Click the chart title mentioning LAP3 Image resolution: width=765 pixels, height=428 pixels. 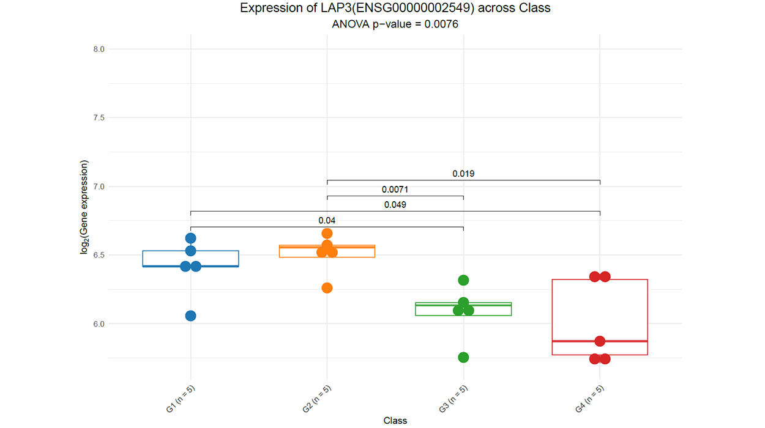(x=395, y=9)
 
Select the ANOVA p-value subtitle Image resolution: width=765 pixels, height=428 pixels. (x=395, y=24)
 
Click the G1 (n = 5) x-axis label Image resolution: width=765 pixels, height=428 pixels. (x=181, y=399)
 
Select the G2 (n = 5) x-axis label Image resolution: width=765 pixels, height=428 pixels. (x=317, y=399)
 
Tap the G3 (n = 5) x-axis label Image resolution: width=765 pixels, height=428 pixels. (x=453, y=399)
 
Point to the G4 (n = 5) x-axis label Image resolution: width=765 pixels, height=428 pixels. (x=590, y=399)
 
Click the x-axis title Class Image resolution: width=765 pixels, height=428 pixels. (x=395, y=421)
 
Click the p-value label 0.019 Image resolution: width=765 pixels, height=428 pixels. (x=463, y=174)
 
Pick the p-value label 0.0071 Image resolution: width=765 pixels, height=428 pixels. (x=395, y=190)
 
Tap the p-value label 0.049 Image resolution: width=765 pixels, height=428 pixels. (x=395, y=205)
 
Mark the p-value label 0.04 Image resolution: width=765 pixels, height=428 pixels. (x=327, y=221)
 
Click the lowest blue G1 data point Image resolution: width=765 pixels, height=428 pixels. (x=190, y=315)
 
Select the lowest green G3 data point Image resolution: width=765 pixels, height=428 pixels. (x=463, y=357)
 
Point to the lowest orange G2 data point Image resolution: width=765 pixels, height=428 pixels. (x=327, y=288)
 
